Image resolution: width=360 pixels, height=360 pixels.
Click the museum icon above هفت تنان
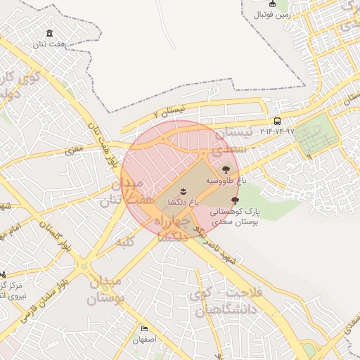point(49,33)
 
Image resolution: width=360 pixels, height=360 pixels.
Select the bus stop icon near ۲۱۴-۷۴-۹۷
point(278,121)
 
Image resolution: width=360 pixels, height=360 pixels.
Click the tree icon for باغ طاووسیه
point(225,169)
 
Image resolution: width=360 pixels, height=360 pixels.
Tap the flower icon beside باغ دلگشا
point(182,191)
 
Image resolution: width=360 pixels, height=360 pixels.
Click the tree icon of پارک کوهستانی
point(234,200)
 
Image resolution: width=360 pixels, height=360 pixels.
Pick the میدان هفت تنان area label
point(127,193)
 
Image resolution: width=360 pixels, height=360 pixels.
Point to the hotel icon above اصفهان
point(145,328)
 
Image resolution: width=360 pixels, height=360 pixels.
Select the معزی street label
point(74,150)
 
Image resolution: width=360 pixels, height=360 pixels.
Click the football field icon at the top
point(273,4)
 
